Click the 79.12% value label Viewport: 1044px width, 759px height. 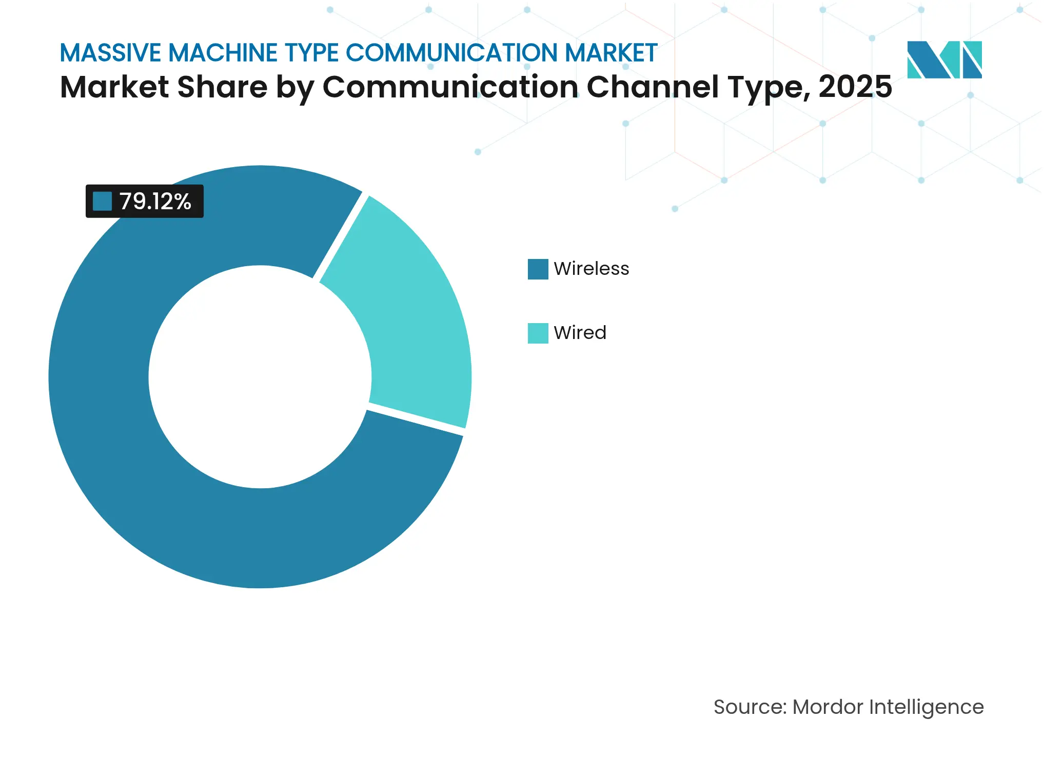point(155,202)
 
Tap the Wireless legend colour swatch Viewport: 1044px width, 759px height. point(538,269)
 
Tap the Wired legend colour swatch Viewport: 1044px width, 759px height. point(538,333)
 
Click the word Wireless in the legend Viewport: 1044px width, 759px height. point(591,269)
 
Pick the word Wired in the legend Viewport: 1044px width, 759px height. point(580,333)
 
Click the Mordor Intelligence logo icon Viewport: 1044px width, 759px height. point(944,59)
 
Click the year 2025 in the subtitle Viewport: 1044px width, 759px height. point(855,87)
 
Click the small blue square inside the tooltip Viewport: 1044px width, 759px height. point(102,202)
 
